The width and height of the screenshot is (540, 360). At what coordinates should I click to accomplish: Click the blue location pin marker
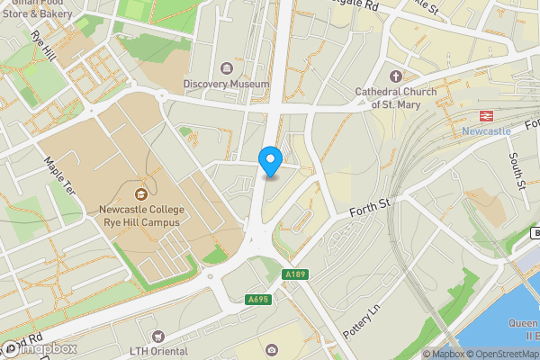point(270,161)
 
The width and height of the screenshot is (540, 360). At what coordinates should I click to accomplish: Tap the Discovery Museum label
point(226,84)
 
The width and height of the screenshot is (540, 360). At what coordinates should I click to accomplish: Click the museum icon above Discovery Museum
point(226,68)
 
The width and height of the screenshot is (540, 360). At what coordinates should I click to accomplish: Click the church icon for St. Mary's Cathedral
point(396,76)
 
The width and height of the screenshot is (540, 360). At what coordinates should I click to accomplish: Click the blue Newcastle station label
point(486,130)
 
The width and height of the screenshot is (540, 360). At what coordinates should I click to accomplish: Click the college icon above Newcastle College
point(140,193)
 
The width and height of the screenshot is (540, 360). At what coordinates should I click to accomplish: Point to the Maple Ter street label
point(60,176)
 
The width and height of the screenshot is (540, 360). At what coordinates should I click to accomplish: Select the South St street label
point(516,171)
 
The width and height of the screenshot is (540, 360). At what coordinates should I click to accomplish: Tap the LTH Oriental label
point(159,351)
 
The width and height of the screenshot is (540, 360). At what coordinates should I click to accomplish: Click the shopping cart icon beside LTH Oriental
point(140,335)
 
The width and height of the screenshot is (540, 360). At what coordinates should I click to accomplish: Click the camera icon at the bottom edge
point(271,349)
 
